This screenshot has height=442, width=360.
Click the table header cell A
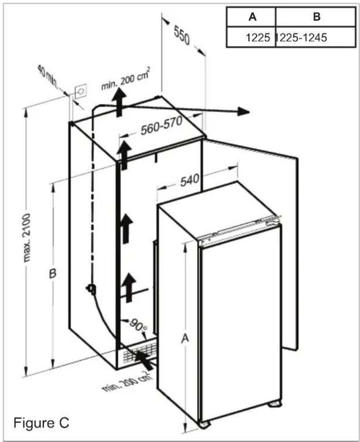tap(252, 17)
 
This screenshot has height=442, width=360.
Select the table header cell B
tap(316, 17)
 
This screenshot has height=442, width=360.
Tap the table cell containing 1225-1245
tap(301, 38)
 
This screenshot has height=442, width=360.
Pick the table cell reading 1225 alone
tap(258, 38)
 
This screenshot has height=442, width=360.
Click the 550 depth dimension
tap(182, 35)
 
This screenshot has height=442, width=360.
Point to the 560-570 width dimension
tap(161, 125)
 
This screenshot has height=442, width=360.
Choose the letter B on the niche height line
tap(53, 274)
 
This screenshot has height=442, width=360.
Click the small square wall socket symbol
tap(80, 92)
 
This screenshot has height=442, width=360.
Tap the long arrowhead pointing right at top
tap(243, 111)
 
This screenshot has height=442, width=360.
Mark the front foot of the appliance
tap(204, 423)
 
